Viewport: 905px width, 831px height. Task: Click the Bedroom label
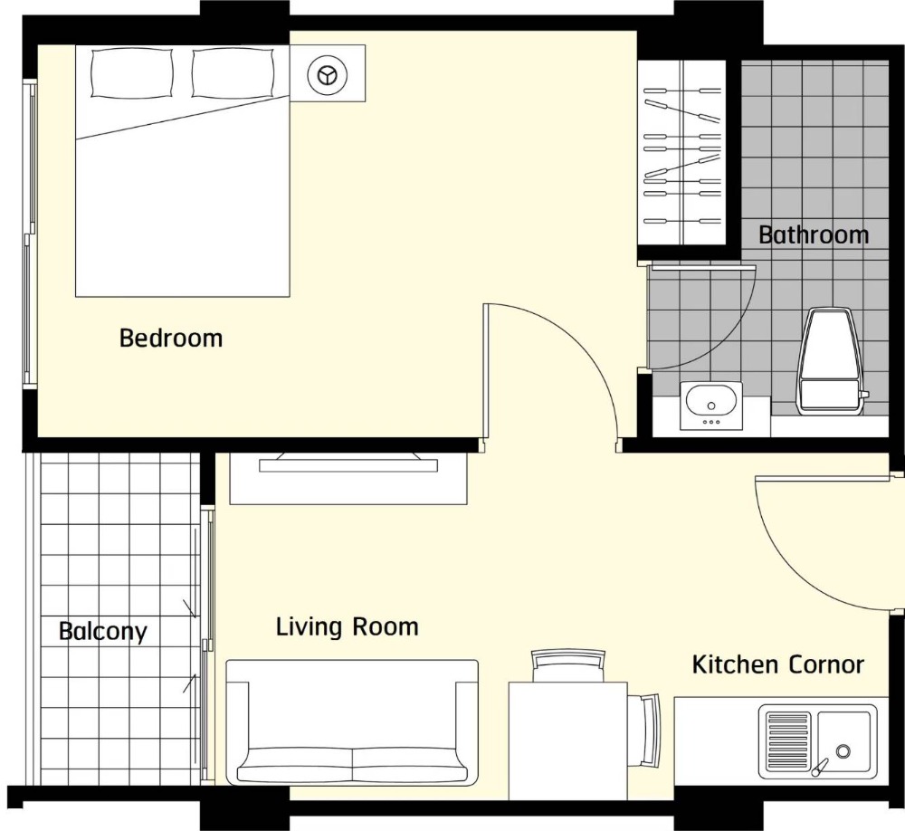171,338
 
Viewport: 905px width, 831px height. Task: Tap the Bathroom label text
814,234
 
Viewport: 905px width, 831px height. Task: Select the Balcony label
103,631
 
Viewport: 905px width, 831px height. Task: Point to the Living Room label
347,626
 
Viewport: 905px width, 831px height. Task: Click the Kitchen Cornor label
777,664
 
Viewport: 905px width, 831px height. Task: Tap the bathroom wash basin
711,405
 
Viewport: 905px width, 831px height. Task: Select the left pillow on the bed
131,72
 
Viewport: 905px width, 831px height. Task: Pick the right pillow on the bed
233,72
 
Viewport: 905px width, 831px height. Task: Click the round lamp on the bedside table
328,74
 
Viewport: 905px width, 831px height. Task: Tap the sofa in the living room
352,721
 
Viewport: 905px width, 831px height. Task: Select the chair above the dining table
568,665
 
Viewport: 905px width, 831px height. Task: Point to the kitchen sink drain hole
843,751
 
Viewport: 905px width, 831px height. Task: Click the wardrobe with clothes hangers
681,152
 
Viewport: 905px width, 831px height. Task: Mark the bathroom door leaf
702,267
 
